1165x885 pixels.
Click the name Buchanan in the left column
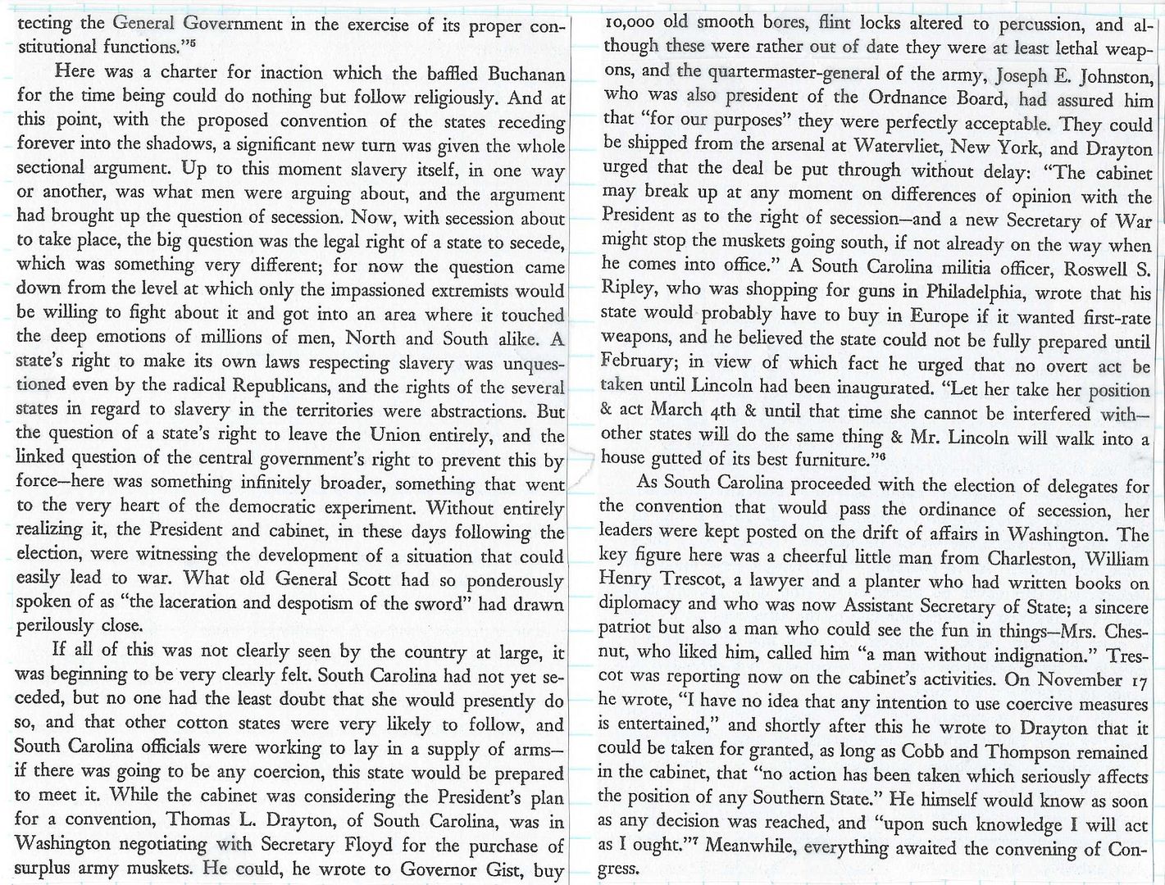click(524, 75)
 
